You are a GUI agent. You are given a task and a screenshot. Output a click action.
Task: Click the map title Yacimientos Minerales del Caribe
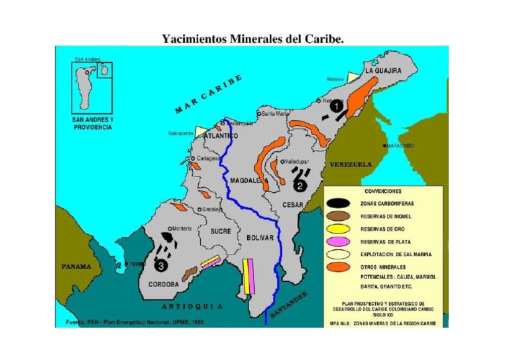coord(253,38)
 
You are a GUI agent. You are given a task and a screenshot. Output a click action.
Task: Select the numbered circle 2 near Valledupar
coord(300,186)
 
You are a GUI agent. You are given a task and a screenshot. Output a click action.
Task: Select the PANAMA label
coord(76,267)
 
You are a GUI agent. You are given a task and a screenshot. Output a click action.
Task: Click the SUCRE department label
coord(221,232)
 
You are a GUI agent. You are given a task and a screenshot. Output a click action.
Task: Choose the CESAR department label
coord(292,205)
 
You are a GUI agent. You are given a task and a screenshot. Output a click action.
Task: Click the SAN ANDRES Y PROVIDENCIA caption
coord(92,123)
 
